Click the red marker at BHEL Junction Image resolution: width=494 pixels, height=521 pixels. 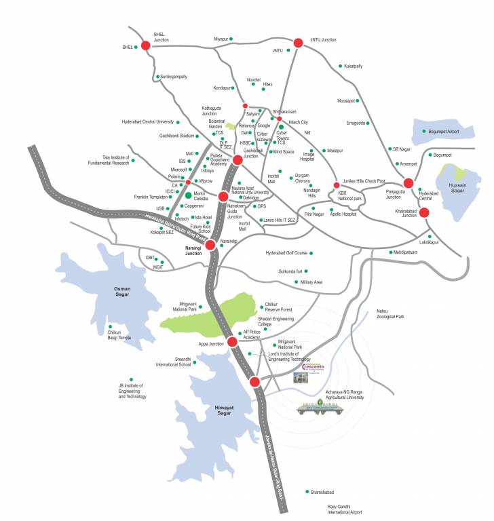(x=145, y=46)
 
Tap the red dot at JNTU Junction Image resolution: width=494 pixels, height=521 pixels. (x=297, y=43)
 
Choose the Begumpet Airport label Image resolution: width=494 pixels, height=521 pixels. (x=444, y=131)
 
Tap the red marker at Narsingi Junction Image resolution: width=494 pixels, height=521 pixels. (x=210, y=245)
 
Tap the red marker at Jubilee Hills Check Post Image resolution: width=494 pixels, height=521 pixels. (x=336, y=185)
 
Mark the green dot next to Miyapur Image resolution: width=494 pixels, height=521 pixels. (x=232, y=39)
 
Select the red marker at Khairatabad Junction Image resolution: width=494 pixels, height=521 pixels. (x=424, y=212)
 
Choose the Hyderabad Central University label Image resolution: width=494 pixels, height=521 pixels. (x=147, y=122)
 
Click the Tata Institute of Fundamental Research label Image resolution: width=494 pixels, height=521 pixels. (x=107, y=161)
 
